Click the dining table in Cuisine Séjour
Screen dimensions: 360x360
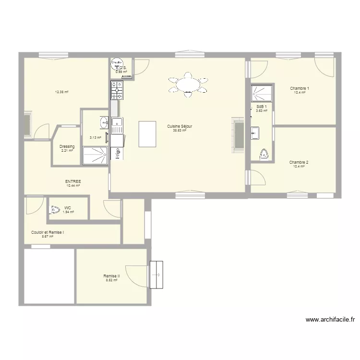188,85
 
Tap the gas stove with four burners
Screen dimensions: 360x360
117,89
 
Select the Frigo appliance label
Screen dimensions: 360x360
117,153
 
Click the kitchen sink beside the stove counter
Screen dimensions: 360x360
117,126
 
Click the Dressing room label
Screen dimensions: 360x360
67,146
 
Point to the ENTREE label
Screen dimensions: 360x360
73,181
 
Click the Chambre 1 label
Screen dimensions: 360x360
300,88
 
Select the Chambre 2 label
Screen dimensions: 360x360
299,162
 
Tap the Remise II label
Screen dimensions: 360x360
111,276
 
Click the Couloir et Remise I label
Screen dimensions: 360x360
48,232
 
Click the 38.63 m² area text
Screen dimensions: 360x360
180,130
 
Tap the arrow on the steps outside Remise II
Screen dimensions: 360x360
156,275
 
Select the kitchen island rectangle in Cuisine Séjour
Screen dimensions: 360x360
148,133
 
